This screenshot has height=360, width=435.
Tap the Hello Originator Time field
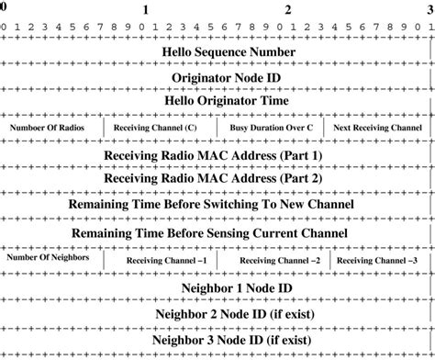226,99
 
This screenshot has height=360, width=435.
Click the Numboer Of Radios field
53,128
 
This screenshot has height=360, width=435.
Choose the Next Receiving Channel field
378,128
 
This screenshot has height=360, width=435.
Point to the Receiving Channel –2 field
278,262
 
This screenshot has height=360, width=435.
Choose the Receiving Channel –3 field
378,262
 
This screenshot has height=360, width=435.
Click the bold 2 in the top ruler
289,8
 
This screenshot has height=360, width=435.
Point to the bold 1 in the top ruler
145,8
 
